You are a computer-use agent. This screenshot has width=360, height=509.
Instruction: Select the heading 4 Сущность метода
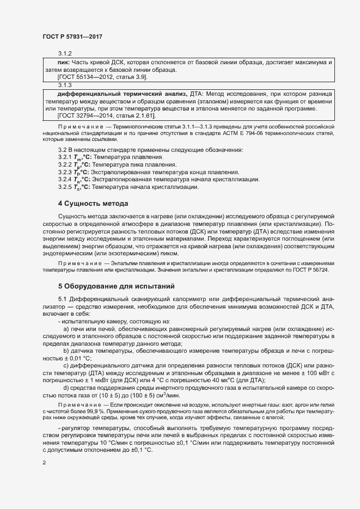click(x=93, y=204)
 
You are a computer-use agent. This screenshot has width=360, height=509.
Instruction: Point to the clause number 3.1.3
click(x=65, y=85)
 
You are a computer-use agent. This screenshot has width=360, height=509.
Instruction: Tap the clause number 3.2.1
click(x=64, y=157)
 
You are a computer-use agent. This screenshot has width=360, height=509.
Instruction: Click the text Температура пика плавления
click(x=129, y=164)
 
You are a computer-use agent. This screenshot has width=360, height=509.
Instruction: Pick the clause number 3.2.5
click(x=64, y=187)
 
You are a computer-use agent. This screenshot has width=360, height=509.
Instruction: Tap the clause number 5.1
click(x=63, y=300)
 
